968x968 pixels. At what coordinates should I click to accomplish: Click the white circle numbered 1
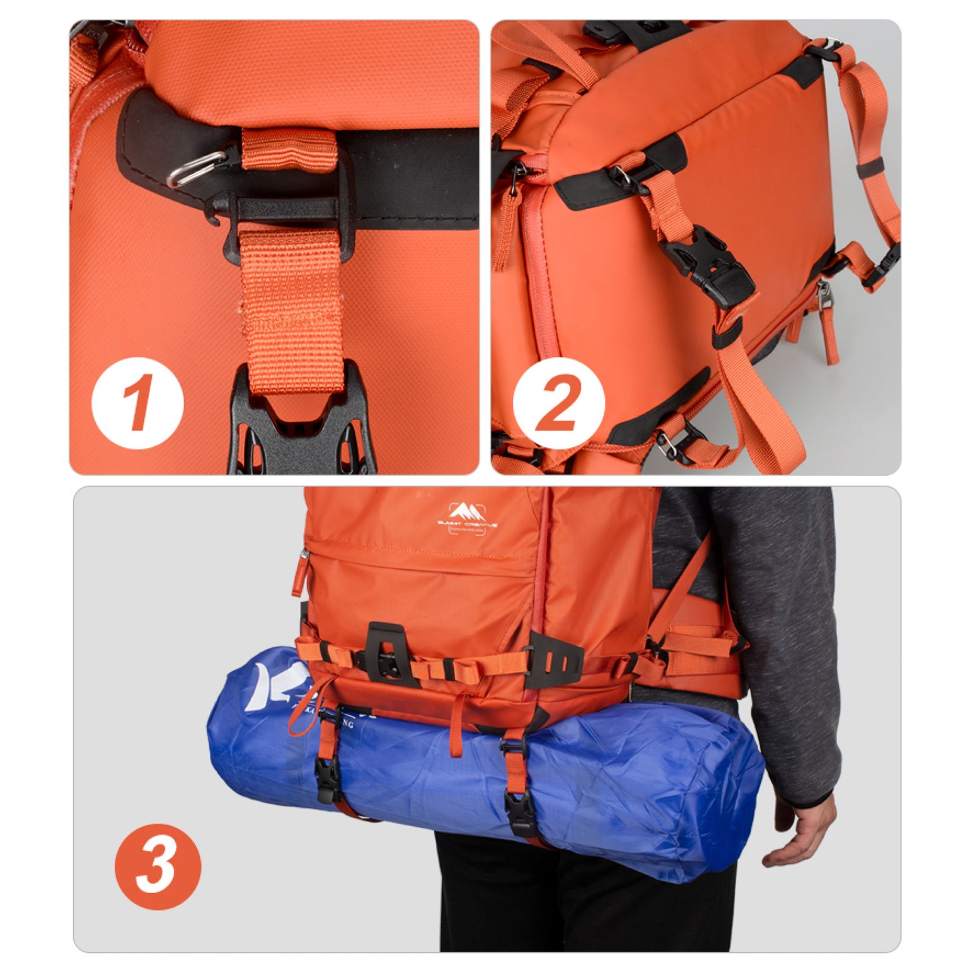click(137, 403)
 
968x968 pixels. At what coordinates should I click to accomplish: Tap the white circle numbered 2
click(558, 403)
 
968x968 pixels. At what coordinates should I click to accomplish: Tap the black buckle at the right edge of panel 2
click(885, 265)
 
